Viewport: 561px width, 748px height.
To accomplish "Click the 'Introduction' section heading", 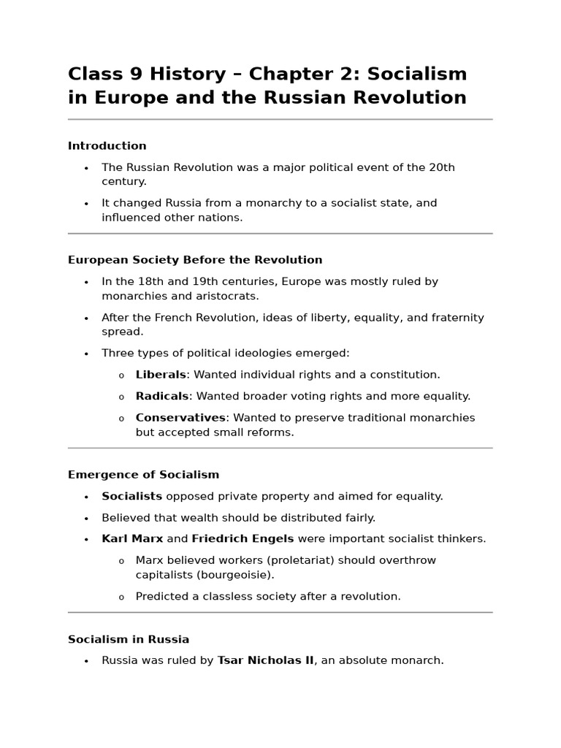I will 107,146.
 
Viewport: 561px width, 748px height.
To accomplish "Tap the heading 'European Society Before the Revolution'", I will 195,260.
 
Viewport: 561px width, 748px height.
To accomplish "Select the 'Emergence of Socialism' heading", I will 143,475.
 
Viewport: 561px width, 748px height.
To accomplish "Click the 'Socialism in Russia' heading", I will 129,640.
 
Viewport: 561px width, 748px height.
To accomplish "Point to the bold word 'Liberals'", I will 161,375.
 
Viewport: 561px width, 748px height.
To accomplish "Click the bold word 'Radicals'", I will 162,396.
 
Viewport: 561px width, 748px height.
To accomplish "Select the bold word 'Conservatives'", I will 180,418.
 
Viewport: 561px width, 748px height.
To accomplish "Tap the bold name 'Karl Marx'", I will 132,539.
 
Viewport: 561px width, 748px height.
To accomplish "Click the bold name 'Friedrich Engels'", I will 243,539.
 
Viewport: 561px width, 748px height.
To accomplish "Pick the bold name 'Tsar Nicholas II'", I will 265,660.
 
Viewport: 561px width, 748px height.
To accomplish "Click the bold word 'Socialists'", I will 131,497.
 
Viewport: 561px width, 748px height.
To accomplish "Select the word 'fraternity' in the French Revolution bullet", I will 457,318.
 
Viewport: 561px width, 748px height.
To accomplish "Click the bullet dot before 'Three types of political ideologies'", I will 86,354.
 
